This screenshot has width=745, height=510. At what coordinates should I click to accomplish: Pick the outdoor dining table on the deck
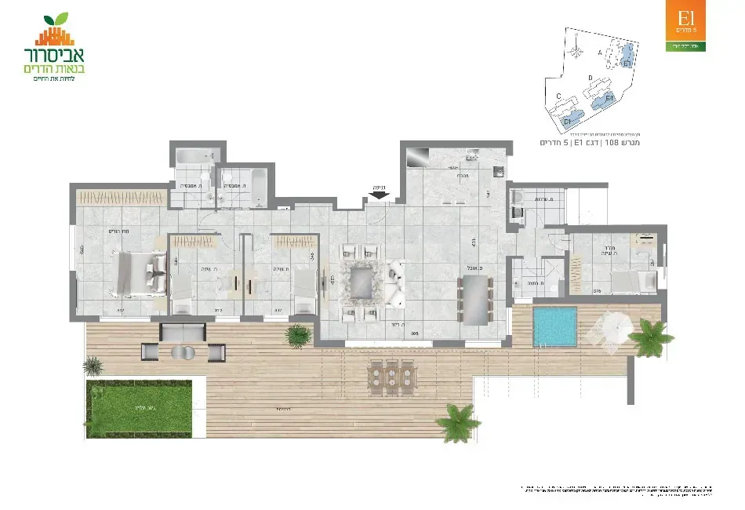tap(390, 376)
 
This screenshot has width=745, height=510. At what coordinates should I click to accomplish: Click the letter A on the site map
tap(601, 52)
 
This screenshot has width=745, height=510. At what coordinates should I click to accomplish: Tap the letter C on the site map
tap(558, 96)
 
